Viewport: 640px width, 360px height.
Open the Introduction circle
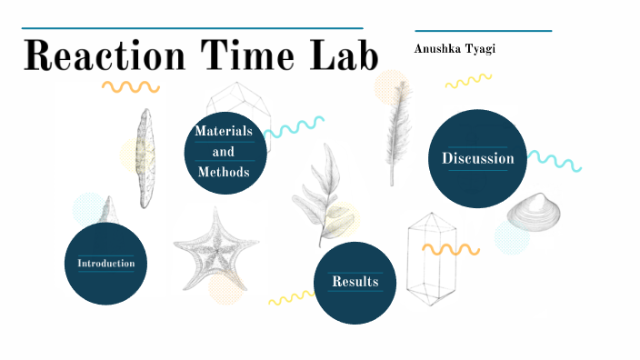pos(105,264)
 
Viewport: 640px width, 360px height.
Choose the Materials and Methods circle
pos(224,152)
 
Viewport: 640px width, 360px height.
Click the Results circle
pos(355,282)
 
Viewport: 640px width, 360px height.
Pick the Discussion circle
pos(478,159)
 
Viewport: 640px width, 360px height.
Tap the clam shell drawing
pos(533,212)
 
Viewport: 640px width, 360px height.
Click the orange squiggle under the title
pos(130,87)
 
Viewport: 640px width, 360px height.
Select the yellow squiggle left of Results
pos(291,297)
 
